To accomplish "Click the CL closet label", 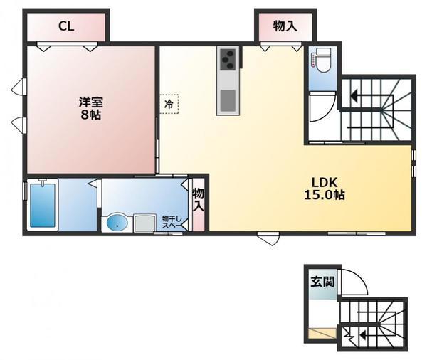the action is click(x=66, y=26).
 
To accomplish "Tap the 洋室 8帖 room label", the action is click(x=91, y=108).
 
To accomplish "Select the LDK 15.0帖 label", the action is click(x=324, y=189).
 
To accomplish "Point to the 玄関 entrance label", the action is click(x=322, y=282).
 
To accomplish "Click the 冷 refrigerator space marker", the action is click(x=169, y=104).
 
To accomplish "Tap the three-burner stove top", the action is click(x=228, y=59).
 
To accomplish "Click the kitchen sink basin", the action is click(x=228, y=100).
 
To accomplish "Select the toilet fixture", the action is click(x=322, y=60).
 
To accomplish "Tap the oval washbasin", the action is click(x=117, y=223).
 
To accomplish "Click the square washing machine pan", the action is click(x=144, y=223).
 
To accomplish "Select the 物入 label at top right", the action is click(x=285, y=26).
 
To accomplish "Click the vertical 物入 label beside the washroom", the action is click(x=199, y=200).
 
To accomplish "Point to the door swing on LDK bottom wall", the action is click(x=270, y=240).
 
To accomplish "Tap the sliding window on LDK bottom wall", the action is click(x=357, y=233).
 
